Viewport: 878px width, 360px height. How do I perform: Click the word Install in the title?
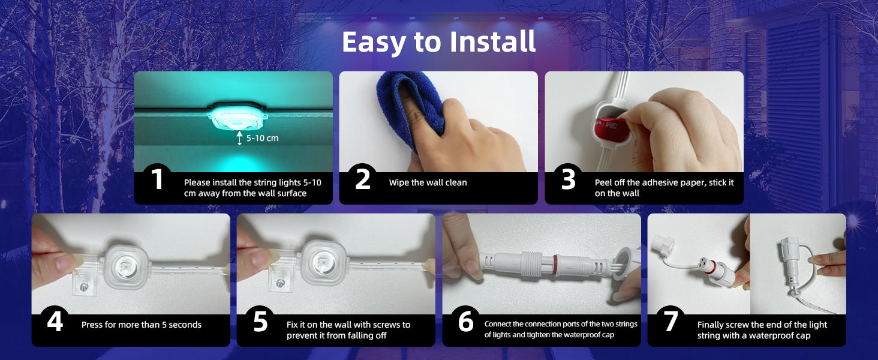492,41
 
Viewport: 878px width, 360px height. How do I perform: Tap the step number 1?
158,179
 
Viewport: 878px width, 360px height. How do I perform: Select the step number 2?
363,179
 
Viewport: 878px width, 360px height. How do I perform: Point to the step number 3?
569,179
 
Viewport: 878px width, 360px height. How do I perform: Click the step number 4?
55,322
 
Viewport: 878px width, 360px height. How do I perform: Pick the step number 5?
260,322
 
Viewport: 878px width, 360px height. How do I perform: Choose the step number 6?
465,322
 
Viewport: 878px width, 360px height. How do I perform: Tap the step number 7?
670,322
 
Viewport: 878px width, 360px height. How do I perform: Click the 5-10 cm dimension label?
262,138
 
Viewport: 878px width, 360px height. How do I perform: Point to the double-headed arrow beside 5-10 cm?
239,138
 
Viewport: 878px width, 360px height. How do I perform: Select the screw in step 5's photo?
280,283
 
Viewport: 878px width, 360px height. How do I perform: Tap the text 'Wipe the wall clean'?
428,182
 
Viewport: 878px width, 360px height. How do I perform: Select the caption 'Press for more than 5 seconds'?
142,325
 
